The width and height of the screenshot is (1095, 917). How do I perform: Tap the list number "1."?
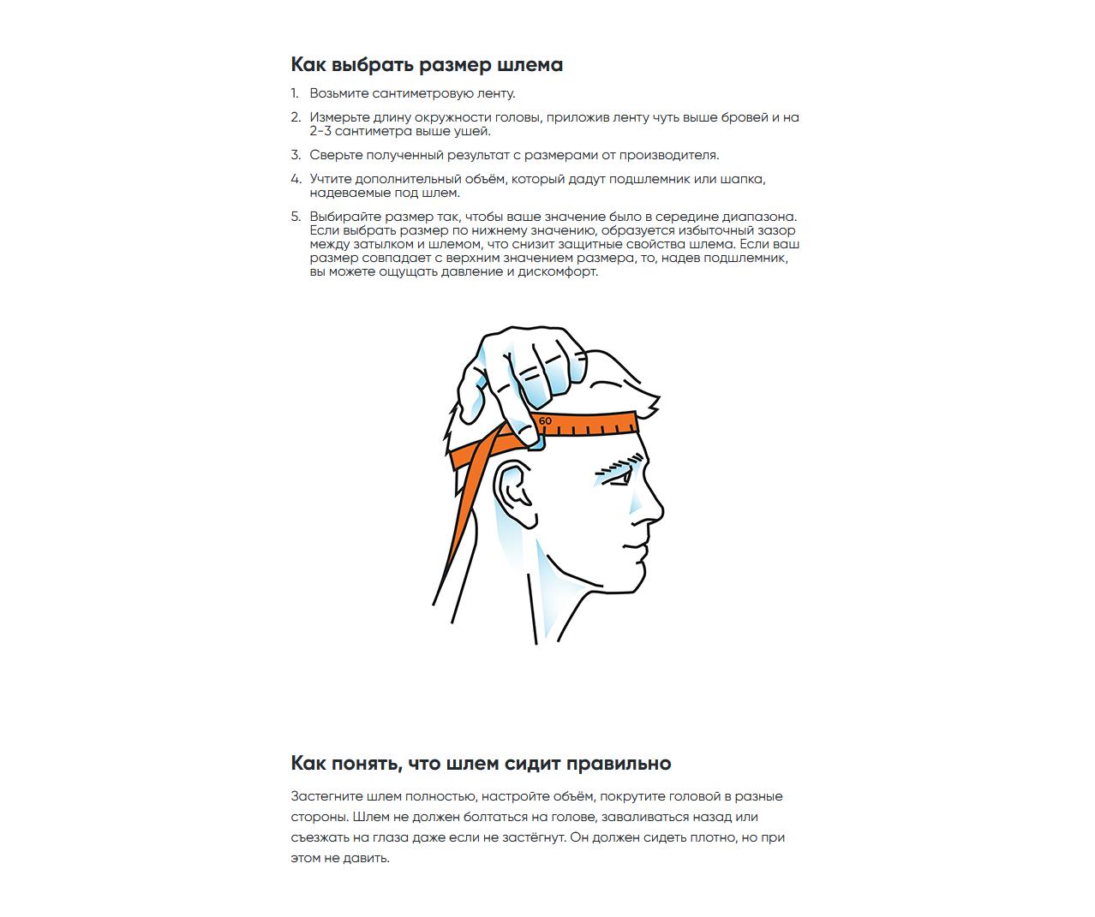pyautogui.click(x=295, y=93)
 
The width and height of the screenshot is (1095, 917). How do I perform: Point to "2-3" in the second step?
pyautogui.click(x=320, y=131)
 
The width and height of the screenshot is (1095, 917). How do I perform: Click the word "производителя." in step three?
pyautogui.click(x=669, y=155)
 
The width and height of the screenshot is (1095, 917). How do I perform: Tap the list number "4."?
pyautogui.click(x=296, y=179)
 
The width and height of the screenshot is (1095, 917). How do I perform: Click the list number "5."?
pyautogui.click(x=296, y=217)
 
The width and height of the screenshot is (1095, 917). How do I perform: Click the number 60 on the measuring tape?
pyautogui.click(x=546, y=420)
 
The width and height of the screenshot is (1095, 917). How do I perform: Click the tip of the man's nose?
pyautogui.click(x=661, y=512)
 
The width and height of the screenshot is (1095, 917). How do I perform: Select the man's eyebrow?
pyautogui.click(x=619, y=464)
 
